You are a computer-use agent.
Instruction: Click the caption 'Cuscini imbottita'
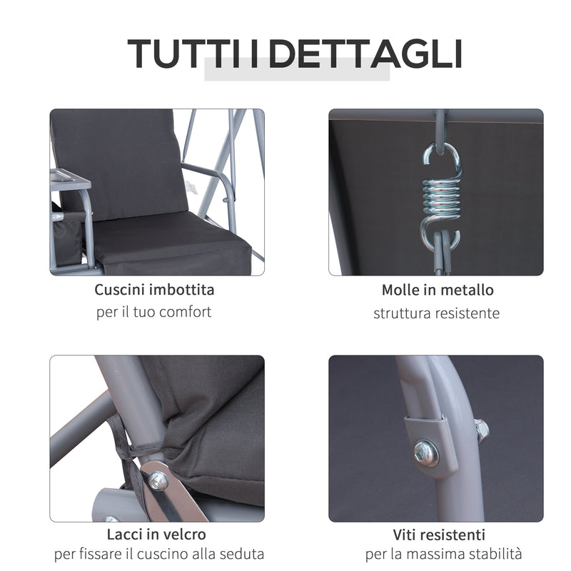coord(154,290)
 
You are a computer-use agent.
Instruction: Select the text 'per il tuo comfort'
coord(154,313)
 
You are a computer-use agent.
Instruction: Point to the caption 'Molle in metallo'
coord(437,290)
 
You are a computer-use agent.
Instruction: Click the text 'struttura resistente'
coord(437,313)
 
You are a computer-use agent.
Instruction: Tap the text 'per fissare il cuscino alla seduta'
coord(158,555)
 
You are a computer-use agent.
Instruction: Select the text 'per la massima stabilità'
coord(443,555)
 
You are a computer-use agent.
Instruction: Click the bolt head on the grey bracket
coord(427,453)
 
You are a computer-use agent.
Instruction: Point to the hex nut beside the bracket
coord(480,429)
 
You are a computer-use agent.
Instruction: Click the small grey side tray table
coord(71,181)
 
